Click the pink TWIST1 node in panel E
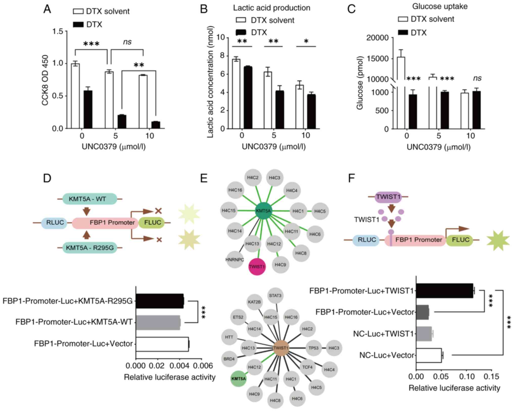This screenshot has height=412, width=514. pos(257,266)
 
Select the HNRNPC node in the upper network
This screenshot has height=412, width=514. pos(235,259)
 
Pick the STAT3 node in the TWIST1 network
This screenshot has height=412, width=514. pos(275,295)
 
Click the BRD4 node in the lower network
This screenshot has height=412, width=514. pos(229,359)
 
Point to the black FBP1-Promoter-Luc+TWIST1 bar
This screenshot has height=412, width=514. pos(444,290)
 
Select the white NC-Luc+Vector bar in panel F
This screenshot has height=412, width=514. pos(429,355)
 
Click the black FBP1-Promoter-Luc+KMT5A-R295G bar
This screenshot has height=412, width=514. pos(160,301)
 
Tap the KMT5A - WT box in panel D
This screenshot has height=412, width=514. pos(90,199)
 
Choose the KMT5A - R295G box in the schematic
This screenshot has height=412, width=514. pos(90,248)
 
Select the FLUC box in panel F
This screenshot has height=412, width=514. pos(460,240)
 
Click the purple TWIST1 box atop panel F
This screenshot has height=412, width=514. pos(388,197)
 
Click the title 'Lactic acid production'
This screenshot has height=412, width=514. pos(271,8)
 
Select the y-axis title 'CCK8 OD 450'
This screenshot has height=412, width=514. pos(45,80)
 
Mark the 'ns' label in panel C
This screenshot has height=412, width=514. pos(477,78)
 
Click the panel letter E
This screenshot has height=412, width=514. pos(204,178)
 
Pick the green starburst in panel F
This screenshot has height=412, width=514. pos(498,240)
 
